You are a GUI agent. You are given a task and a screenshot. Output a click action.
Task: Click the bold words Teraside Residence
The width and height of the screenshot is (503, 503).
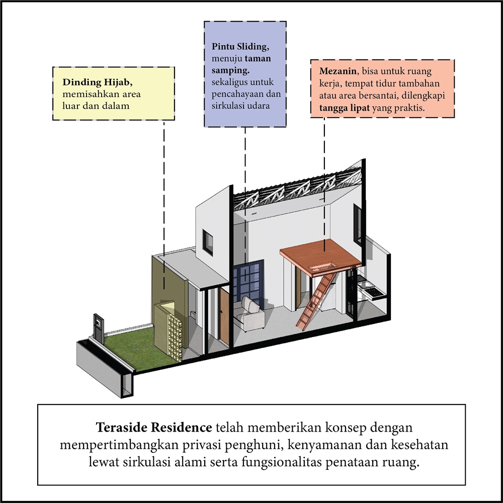coord(153,428)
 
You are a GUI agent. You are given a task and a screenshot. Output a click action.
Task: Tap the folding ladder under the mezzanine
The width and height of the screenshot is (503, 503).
coord(316,301)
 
